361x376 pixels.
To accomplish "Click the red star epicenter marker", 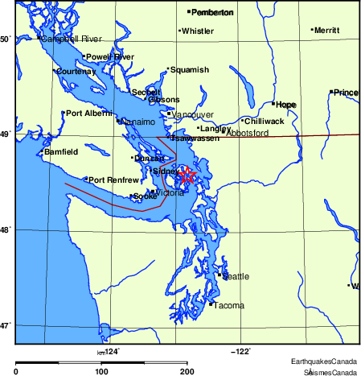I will (x=187, y=175).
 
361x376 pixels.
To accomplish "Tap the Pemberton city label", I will (x=212, y=12).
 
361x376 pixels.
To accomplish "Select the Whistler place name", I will (x=198, y=31).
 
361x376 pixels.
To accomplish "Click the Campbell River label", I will (x=71, y=39).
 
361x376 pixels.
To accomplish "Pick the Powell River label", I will (x=110, y=57).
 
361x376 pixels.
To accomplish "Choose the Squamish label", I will (x=190, y=70).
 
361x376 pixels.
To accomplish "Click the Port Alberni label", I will (x=88, y=114).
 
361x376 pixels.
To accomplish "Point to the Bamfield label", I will (x=61, y=151).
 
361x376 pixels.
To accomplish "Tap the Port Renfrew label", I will (x=109, y=180).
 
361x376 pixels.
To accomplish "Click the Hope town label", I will (x=286, y=105).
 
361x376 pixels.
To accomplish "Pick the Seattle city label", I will (x=236, y=276).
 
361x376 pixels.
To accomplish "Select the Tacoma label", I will (x=228, y=305).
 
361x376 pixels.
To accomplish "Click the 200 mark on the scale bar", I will (x=187, y=371).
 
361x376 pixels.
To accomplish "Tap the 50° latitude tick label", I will (x=5, y=39).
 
